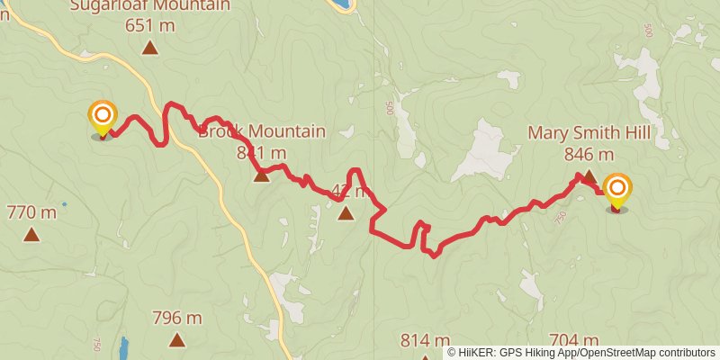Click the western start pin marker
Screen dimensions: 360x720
click(x=103, y=118)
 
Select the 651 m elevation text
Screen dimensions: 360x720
click(x=149, y=25)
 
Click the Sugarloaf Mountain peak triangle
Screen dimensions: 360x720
click(x=149, y=48)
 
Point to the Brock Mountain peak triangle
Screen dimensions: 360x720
click(x=261, y=175)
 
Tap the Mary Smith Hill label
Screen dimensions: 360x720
click(x=589, y=133)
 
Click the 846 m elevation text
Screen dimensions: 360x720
click(x=589, y=154)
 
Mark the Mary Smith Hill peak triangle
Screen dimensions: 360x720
click(x=588, y=176)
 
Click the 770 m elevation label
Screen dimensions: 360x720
click(x=31, y=213)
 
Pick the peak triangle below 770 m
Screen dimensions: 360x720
click(x=31, y=236)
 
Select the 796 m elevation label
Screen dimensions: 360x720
click(x=177, y=318)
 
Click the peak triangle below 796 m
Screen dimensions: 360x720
click(x=177, y=340)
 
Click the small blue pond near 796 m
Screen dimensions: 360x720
click(x=123, y=346)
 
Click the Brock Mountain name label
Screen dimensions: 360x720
click(x=262, y=131)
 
